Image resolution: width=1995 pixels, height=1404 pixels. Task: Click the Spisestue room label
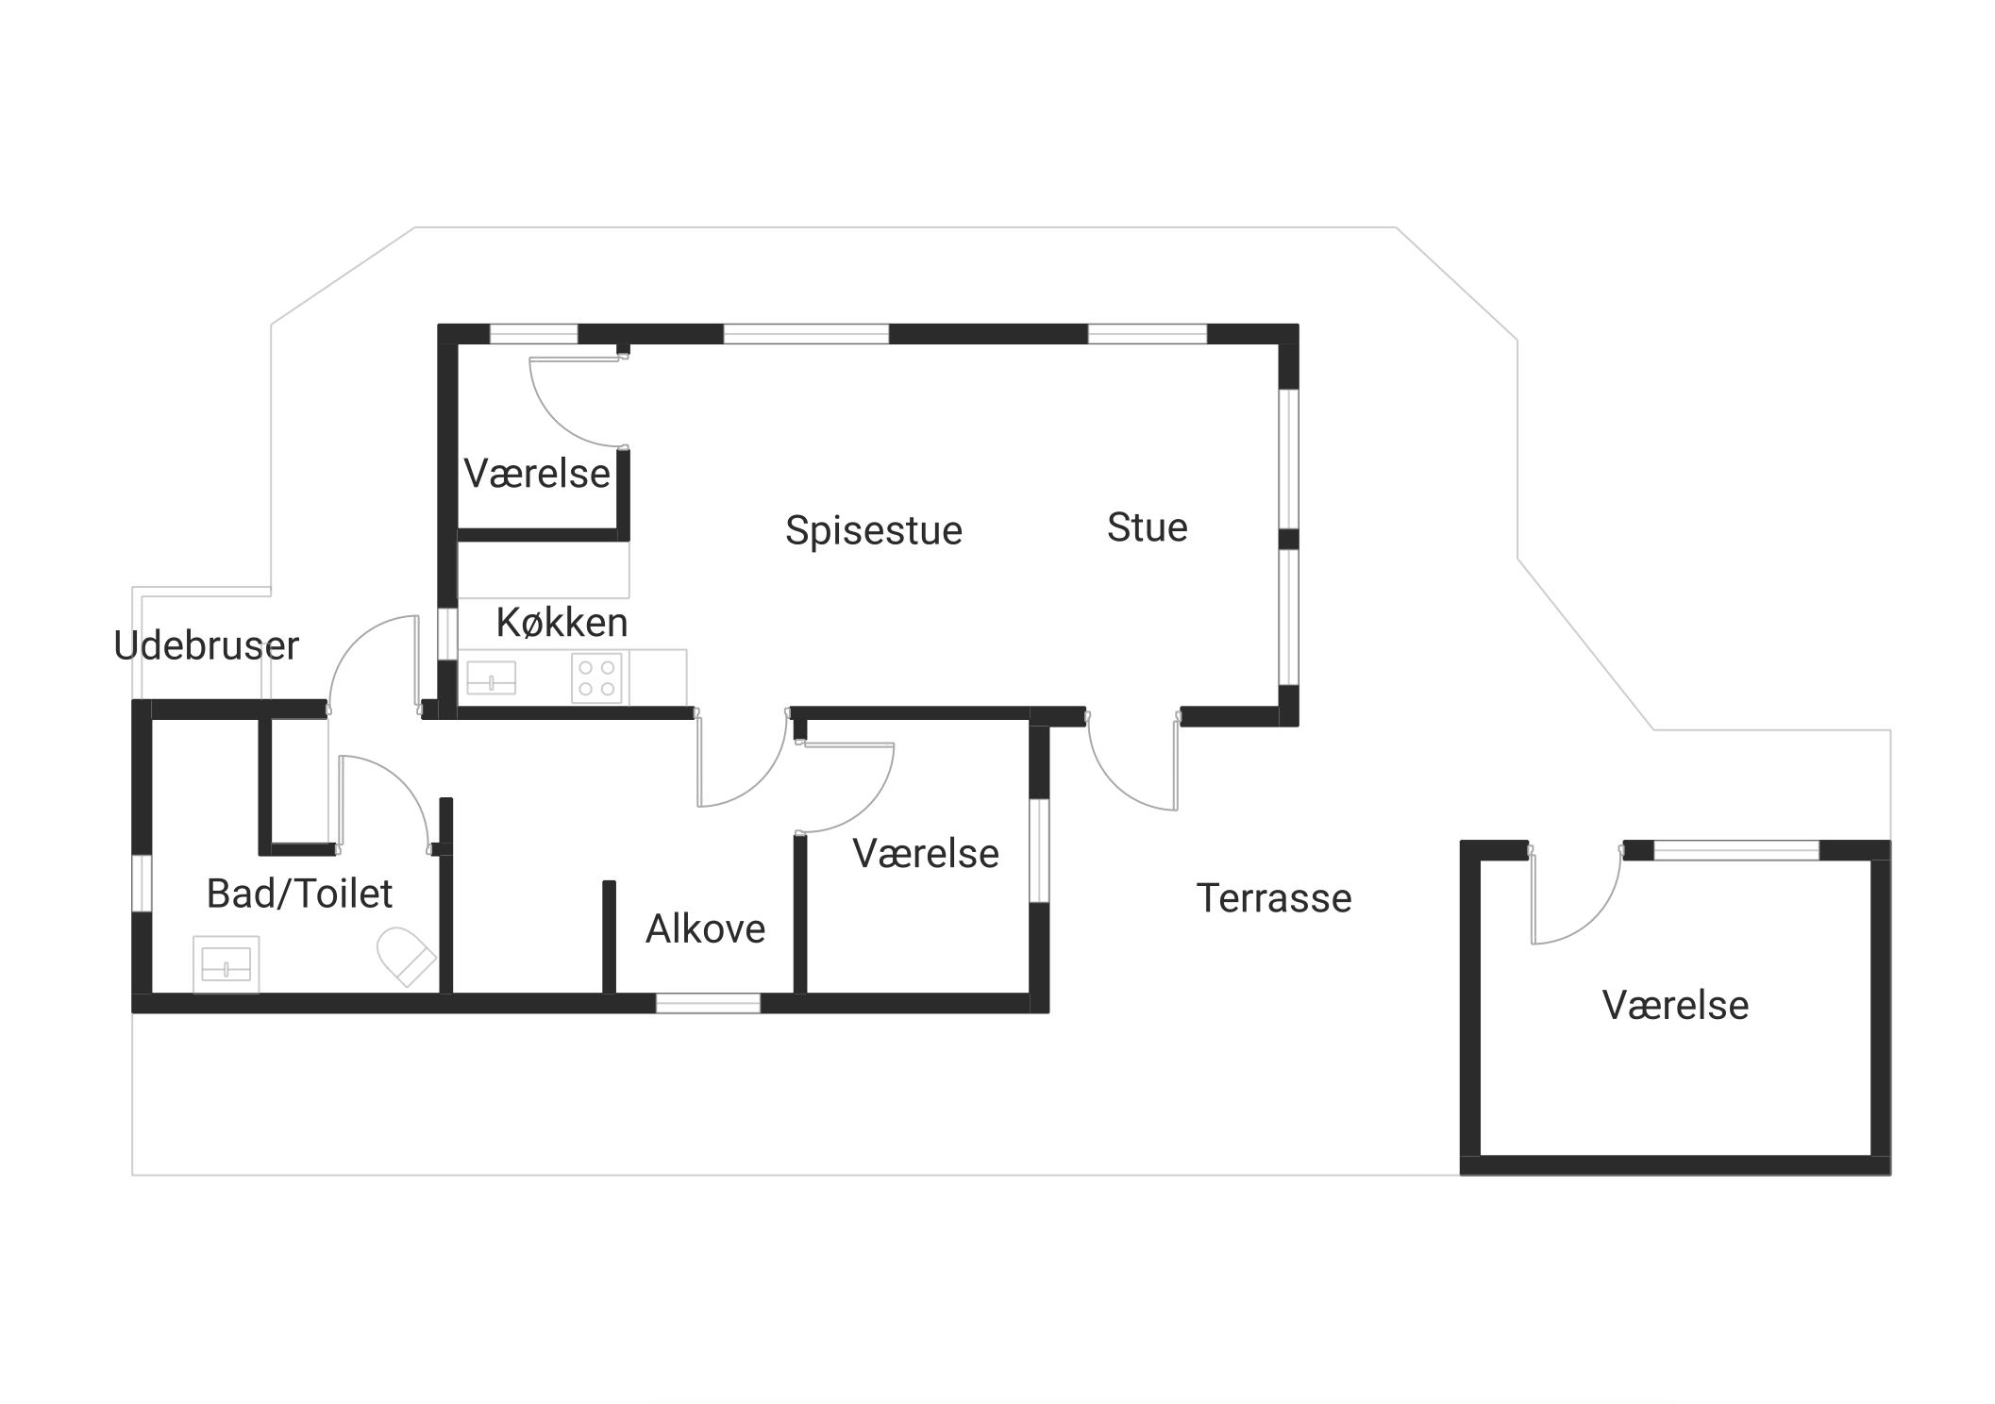[x=873, y=530]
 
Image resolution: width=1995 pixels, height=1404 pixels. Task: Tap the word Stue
[x=1147, y=527]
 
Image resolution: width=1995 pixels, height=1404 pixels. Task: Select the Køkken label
[x=562, y=623]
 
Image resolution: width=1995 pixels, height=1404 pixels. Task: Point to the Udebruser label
[x=206, y=646]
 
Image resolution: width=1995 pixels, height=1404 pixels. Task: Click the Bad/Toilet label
[x=299, y=894]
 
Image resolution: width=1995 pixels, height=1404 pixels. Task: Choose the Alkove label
[x=705, y=929]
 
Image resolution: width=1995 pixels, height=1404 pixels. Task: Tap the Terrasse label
[x=1274, y=898]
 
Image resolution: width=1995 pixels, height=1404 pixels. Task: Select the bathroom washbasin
[x=226, y=964]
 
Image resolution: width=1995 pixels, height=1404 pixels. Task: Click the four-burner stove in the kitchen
[x=596, y=677]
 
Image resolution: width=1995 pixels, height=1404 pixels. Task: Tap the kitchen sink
[x=492, y=677]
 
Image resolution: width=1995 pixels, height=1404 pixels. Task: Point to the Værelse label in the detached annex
[x=1675, y=1006]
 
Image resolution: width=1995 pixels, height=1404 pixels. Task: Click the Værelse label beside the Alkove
[x=926, y=854]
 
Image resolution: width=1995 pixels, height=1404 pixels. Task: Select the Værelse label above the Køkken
[x=537, y=474]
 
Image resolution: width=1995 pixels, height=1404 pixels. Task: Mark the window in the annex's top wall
[x=1736, y=850]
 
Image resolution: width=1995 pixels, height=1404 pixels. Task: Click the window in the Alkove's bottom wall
[x=708, y=1004]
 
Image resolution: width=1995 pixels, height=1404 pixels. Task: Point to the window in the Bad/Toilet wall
[x=142, y=883]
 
